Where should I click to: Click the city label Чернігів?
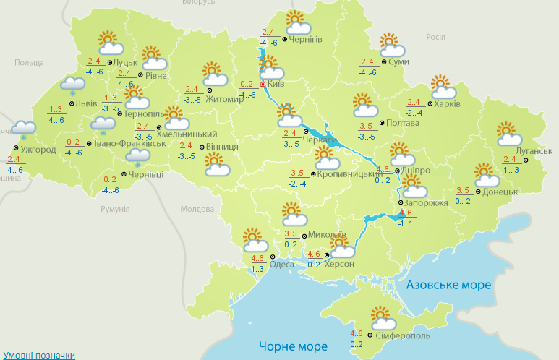[x=305, y=39]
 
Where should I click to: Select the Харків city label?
[x=448, y=103]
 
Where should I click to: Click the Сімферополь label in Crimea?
[x=403, y=336]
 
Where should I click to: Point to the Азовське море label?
[x=448, y=285]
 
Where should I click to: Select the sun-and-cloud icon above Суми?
[x=391, y=46]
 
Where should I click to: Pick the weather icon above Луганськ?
[x=510, y=134]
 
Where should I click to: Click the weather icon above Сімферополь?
[x=381, y=320]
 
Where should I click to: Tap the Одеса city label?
[x=282, y=265]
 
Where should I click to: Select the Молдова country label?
[x=196, y=210]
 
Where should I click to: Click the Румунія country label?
[x=115, y=209]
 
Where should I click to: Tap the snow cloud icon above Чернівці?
[x=137, y=157]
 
